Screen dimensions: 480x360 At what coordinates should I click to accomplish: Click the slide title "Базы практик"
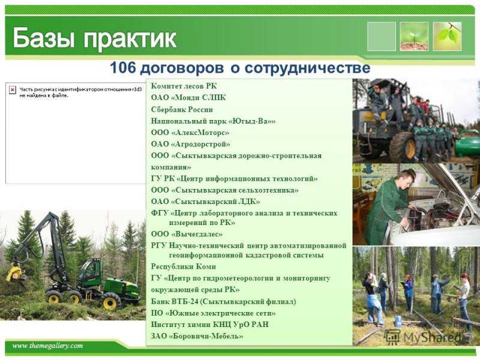tap(95, 38)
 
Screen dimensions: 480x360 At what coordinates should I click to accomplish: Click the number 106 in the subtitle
tap(122, 68)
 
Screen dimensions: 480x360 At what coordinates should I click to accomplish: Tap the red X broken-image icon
tap(12, 90)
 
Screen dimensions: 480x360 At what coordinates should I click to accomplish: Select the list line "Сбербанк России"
tap(182, 109)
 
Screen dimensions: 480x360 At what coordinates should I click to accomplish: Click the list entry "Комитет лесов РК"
tap(184, 86)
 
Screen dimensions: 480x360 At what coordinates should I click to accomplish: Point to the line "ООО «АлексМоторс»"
tap(190, 133)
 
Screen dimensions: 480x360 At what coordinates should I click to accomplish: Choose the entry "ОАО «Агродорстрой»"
tap(190, 144)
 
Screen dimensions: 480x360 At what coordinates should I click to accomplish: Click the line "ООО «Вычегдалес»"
tap(187, 234)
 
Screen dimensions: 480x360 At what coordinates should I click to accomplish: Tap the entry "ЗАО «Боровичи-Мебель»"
tap(197, 336)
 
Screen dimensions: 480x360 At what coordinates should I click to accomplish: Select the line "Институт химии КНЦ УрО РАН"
tap(209, 324)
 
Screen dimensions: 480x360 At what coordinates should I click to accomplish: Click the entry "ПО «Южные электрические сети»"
tap(213, 313)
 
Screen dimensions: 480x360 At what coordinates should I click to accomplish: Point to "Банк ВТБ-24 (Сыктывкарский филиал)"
tap(223, 302)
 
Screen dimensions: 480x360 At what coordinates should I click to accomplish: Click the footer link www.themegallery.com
tap(47, 346)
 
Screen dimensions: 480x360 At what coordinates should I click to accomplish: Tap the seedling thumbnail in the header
tap(414, 37)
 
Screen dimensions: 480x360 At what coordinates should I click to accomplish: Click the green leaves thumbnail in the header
tap(447, 37)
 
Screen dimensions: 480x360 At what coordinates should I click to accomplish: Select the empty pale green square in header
tap(382, 37)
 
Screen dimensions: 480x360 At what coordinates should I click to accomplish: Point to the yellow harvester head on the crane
tap(14, 274)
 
